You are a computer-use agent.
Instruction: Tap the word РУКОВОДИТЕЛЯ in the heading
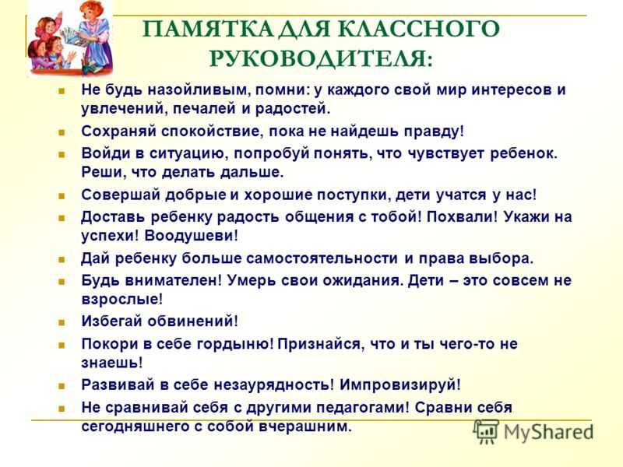(320, 59)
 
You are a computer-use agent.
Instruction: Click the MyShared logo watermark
(533, 432)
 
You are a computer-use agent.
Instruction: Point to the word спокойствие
(212, 132)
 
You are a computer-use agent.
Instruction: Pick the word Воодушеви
(191, 236)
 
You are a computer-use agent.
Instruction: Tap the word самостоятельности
(322, 258)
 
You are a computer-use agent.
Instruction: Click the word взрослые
(122, 300)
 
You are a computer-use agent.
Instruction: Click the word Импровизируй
(400, 385)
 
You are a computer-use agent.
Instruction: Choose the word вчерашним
(305, 427)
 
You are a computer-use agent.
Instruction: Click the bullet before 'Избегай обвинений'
(62, 322)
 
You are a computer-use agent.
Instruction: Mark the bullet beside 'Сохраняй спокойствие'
(62, 132)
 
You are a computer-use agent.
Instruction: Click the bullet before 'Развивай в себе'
(62, 386)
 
